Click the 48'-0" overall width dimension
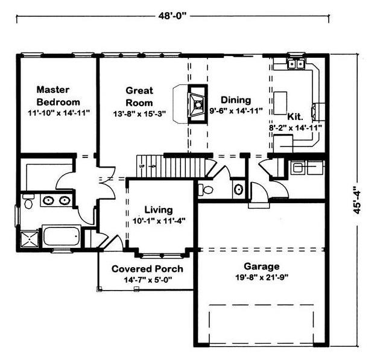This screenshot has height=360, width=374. pyautogui.click(x=172, y=16)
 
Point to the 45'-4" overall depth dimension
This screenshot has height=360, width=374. pyautogui.click(x=357, y=200)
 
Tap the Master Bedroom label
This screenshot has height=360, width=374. pyautogui.click(x=58, y=96)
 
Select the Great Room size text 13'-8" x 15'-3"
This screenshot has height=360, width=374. pyautogui.click(x=139, y=114)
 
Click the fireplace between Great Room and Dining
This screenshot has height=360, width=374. pyautogui.click(x=197, y=104)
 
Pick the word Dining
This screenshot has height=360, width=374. pyautogui.click(x=236, y=99)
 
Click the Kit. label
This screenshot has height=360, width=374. pyautogui.click(x=295, y=117)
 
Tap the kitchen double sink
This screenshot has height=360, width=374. pyautogui.click(x=296, y=64)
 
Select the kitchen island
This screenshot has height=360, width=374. pyautogui.click(x=280, y=103)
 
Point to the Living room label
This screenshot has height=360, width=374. pyautogui.click(x=159, y=210)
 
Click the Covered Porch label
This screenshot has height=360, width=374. pyautogui.click(x=147, y=269)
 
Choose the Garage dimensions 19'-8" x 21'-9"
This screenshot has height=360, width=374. pyautogui.click(x=262, y=277)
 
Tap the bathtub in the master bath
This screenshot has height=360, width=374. pyautogui.click(x=62, y=236)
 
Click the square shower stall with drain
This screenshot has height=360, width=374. pyautogui.click(x=30, y=239)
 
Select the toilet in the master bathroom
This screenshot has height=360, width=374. pyautogui.click(x=28, y=201)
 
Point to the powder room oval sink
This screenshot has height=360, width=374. pyautogui.click(x=238, y=189)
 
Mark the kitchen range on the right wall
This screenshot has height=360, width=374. pyautogui.click(x=318, y=112)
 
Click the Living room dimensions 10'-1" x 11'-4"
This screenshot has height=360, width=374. pyautogui.click(x=159, y=221)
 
